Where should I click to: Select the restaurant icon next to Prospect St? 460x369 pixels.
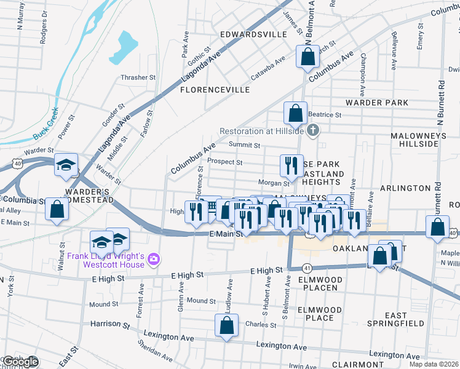pos(290,164)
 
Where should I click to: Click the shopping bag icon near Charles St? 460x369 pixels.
pos(226,325)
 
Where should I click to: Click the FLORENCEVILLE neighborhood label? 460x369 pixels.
pos(215,90)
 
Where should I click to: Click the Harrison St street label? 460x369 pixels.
pos(110,323)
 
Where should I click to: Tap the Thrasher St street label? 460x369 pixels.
pos(138,77)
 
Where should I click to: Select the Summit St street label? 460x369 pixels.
pos(245,145)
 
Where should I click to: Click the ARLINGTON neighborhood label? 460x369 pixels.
pos(405,188)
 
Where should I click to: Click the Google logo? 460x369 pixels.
pos(20,362)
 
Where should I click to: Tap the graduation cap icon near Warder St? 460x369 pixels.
pos(66,165)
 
